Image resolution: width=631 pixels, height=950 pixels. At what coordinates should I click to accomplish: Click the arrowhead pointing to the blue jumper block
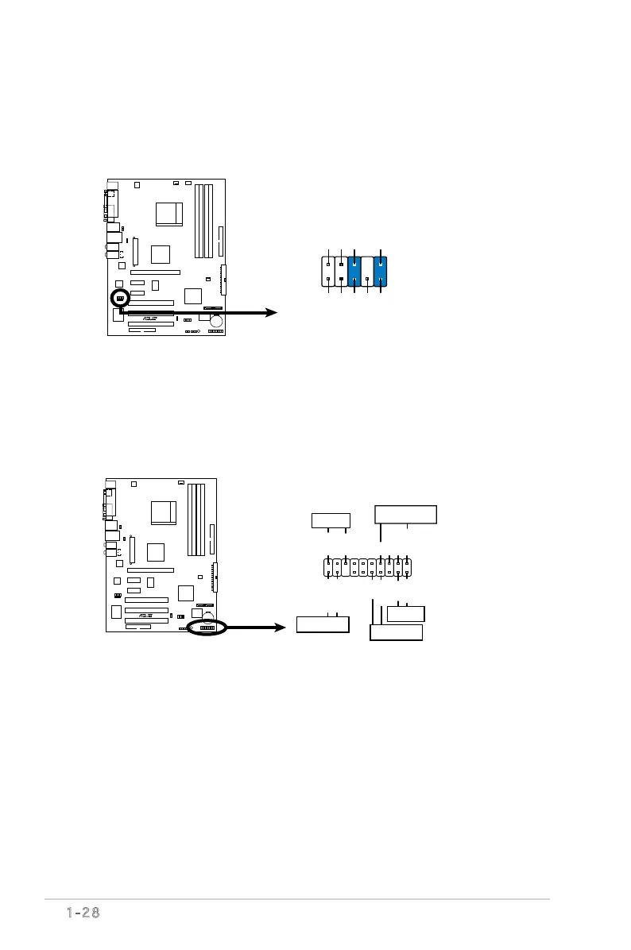click(273, 313)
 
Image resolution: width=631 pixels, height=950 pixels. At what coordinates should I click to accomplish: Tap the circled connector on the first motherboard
click(119, 298)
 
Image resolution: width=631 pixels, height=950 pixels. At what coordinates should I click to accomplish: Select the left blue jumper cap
click(354, 271)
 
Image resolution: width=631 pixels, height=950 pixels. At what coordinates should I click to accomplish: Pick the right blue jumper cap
click(381, 271)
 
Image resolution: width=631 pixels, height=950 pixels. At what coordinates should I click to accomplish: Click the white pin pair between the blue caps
click(367, 271)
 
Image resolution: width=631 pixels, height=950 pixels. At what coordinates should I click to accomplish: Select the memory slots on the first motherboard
click(203, 220)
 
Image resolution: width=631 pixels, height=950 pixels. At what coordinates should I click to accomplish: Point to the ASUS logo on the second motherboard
click(145, 615)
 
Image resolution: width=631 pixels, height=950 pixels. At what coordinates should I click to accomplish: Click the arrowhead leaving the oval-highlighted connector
click(280, 628)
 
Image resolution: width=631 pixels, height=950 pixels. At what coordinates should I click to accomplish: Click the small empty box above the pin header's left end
click(331, 520)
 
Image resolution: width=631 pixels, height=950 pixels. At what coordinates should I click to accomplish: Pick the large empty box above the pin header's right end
click(405, 514)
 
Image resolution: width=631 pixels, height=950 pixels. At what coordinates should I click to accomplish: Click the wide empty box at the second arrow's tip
click(323, 624)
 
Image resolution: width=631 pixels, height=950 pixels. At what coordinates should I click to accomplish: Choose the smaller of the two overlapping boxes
click(405, 613)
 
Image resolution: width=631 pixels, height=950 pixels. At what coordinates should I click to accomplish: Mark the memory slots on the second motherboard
click(196, 518)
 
